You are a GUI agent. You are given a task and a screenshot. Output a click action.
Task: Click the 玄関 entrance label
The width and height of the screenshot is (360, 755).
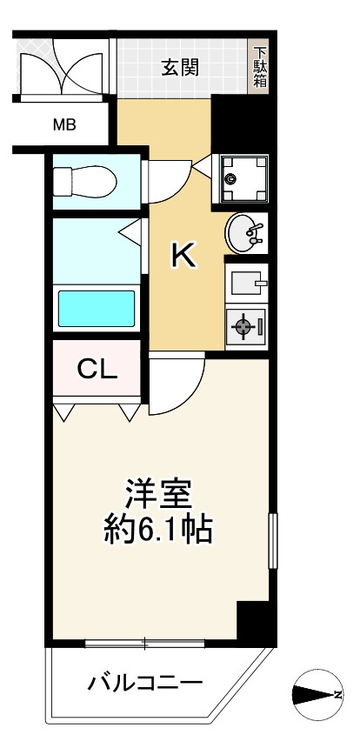coord(181,67)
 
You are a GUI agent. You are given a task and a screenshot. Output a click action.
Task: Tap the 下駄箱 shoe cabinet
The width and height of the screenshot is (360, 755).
coord(259,67)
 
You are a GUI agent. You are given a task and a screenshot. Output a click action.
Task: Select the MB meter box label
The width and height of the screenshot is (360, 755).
coord(64,124)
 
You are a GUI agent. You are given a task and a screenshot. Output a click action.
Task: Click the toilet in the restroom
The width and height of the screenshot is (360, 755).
coord(83,181)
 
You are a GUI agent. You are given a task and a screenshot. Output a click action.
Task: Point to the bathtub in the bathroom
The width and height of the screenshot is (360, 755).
coord(96,307)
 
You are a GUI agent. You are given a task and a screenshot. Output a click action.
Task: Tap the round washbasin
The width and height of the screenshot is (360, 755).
coord(243,232)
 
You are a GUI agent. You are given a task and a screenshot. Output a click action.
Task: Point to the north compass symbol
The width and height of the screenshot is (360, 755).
coord(314,692)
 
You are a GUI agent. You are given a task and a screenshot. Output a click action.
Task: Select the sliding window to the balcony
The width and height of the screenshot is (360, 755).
coord(144,643)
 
